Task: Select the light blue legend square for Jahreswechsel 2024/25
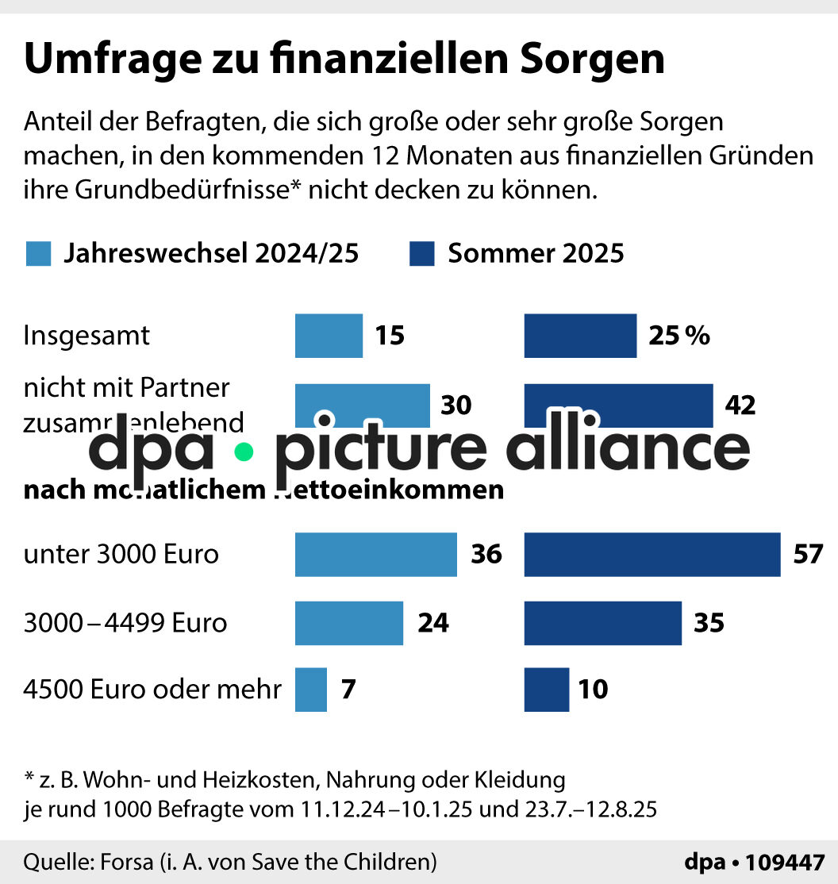tap(38, 254)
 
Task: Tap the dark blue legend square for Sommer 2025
tap(421, 254)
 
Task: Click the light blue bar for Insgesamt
tap(329, 336)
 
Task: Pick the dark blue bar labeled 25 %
tap(580, 336)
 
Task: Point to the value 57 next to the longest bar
tap(809, 554)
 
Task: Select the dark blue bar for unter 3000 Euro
tap(652, 554)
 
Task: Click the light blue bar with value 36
tap(375, 554)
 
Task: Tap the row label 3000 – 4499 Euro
tap(125, 623)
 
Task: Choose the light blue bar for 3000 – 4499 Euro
tap(349, 623)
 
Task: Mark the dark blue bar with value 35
tap(602, 623)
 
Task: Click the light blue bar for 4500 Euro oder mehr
tap(311, 690)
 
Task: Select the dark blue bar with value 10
tap(546, 690)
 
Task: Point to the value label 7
tap(348, 690)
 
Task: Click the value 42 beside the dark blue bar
tap(740, 405)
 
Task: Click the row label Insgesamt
tap(86, 336)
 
